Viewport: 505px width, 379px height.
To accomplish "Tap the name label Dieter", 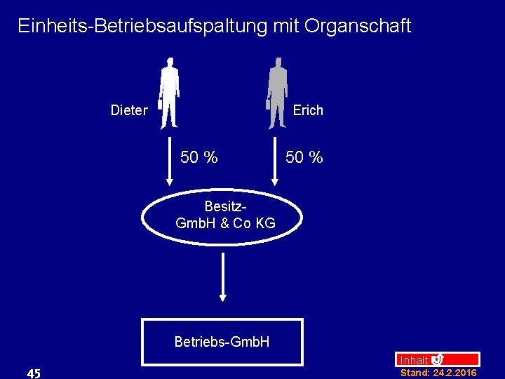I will (x=129, y=110).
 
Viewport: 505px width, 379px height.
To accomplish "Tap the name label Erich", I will (x=308, y=110).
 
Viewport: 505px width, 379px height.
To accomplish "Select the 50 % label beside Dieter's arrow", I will (x=198, y=157).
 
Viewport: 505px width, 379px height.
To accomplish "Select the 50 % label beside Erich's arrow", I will (x=304, y=157).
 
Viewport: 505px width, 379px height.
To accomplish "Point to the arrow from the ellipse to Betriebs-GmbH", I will (x=223, y=277).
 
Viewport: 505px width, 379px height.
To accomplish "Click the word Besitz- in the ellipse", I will (x=224, y=207).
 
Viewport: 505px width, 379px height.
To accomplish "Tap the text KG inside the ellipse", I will (x=265, y=224).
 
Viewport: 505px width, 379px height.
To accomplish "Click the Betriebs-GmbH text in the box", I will (x=222, y=343).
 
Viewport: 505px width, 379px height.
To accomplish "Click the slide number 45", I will (x=33, y=373).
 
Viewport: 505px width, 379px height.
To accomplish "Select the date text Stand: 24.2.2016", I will (x=438, y=373).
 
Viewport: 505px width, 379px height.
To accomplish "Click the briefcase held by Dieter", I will (x=160, y=104).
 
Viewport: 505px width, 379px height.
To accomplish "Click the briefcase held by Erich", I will (x=268, y=104).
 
